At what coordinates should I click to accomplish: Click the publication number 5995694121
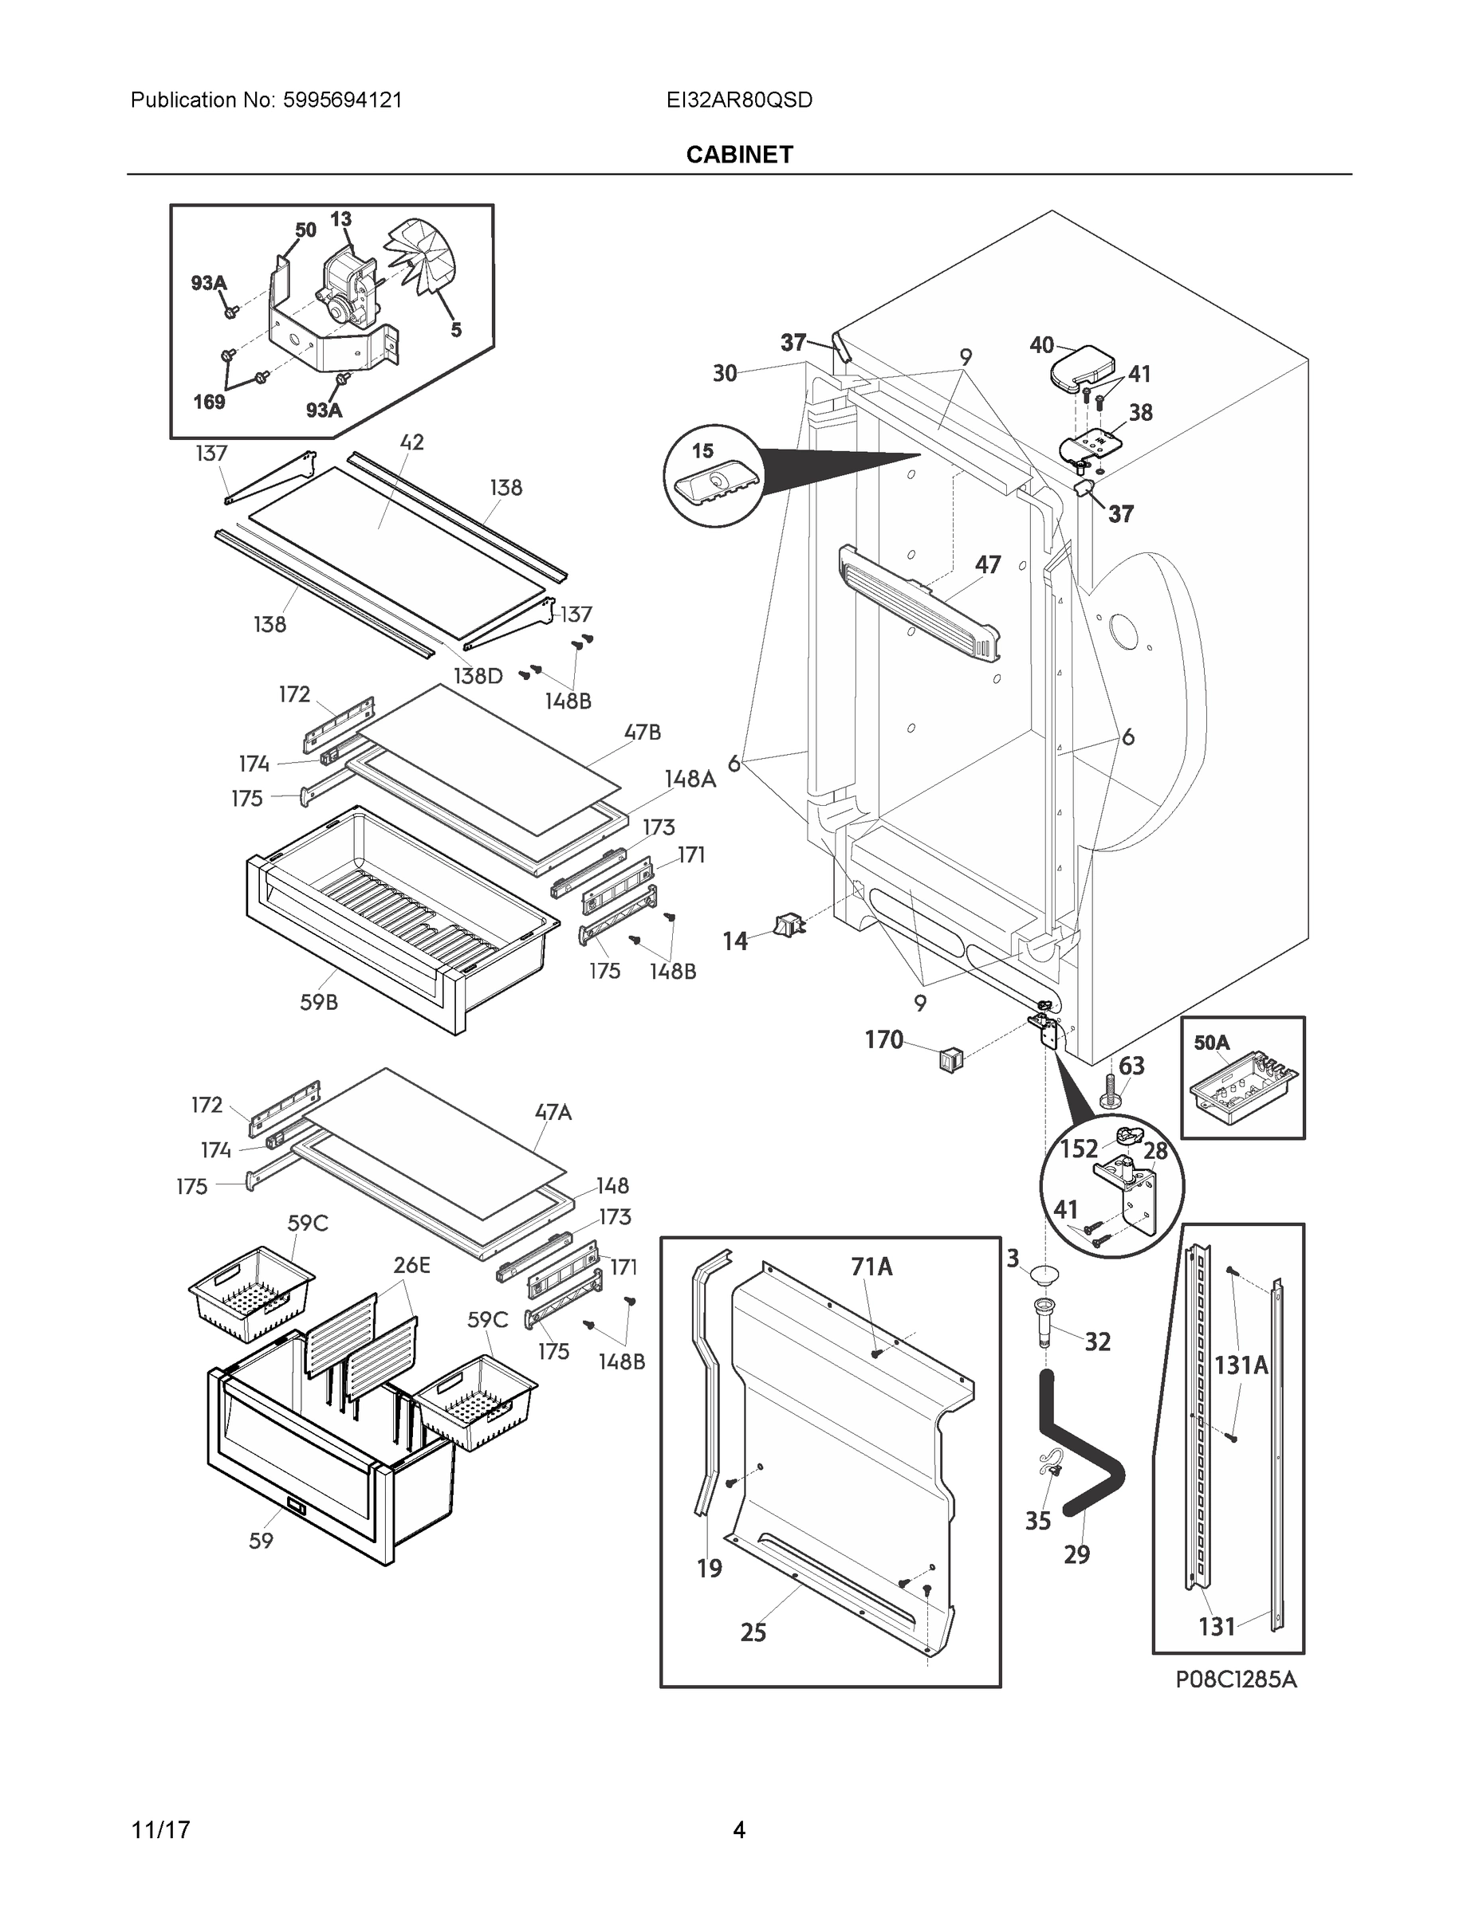coord(342,100)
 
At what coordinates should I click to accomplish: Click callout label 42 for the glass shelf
coord(411,442)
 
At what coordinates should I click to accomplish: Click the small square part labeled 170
coord(950,1061)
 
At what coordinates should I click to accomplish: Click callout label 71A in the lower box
coord(871,1267)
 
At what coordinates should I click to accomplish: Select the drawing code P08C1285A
coord(1235,1679)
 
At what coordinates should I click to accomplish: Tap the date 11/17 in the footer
coord(160,1830)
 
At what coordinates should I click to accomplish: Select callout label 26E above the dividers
coord(411,1265)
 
